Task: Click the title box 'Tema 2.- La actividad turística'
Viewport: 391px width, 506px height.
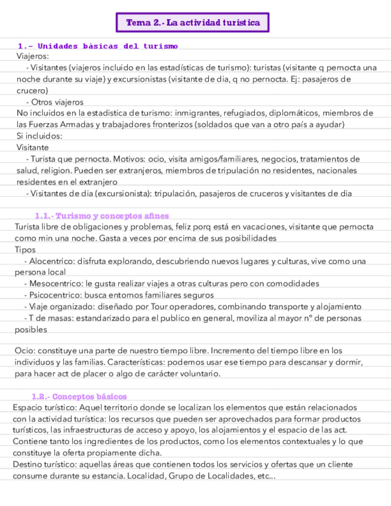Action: pos(193,23)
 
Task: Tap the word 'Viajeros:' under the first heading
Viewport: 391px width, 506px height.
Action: pos(33,56)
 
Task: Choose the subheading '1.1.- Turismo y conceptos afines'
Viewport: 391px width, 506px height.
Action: pos(102,216)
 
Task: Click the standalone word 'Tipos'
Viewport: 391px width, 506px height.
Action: pos(26,249)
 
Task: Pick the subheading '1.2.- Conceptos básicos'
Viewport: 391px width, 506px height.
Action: pos(79,397)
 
